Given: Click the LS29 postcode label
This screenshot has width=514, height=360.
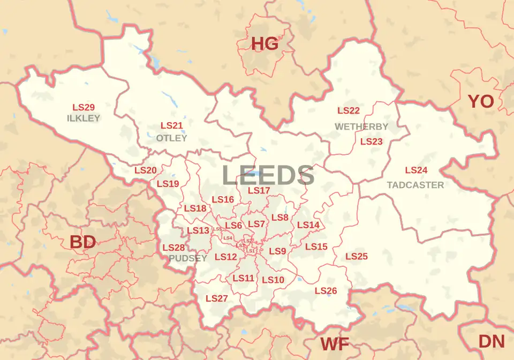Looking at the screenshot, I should (84, 107).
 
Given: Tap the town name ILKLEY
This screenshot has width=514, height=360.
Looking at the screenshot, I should (84, 118).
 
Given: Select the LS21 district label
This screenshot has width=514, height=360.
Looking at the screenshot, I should (172, 125).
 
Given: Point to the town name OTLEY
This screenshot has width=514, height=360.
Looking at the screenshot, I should (172, 138).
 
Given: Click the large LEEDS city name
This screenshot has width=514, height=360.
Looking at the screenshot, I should (268, 176).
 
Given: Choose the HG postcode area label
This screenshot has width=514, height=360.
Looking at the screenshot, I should (265, 43).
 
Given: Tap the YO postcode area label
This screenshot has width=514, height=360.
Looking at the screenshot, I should (481, 101).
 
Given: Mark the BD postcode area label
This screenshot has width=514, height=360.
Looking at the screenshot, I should (83, 242).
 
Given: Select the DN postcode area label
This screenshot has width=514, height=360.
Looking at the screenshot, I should (492, 341).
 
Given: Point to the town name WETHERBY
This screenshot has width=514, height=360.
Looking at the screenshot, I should (361, 126).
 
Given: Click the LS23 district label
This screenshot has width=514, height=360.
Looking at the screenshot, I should (371, 142).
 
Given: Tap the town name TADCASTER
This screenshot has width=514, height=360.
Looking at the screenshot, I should (415, 185).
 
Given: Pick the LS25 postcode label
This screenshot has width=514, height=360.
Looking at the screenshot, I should (357, 257).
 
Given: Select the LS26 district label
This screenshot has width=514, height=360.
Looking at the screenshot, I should (326, 291).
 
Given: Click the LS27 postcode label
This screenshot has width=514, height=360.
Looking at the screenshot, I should (217, 298).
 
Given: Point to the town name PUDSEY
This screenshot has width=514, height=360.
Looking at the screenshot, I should (188, 258).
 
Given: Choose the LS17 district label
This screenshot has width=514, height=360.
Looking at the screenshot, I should (259, 191).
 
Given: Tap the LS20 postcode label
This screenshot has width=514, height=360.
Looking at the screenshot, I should (145, 170).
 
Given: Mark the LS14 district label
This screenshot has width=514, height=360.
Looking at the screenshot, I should (308, 225).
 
